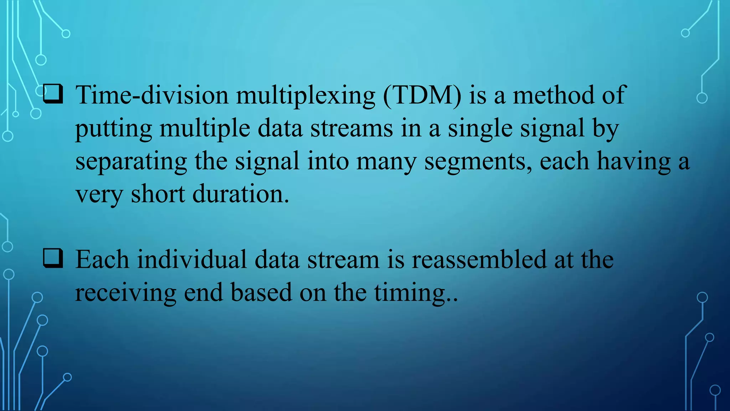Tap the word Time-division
tap(152, 95)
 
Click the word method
tap(553, 95)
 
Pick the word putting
tap(113, 129)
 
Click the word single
tap(480, 129)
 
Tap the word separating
tap(131, 162)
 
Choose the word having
tap(634, 162)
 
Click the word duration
tap(241, 194)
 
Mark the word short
tap(158, 194)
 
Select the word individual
tap(192, 259)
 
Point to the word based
tap(261, 293)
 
